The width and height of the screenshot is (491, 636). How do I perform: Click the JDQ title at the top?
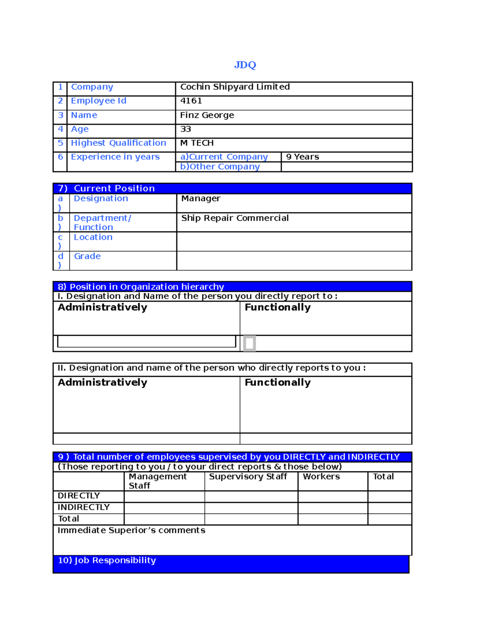tap(245, 65)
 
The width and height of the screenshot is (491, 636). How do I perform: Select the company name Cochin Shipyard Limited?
tap(235, 87)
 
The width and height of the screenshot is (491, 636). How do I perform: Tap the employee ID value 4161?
tap(191, 101)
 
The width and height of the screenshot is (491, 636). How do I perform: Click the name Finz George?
tap(207, 115)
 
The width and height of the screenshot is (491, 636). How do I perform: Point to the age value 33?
tap(186, 129)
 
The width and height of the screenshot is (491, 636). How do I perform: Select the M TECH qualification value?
tap(197, 143)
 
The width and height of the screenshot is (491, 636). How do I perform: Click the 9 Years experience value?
tap(302, 157)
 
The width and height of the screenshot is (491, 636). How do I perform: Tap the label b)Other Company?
tap(220, 167)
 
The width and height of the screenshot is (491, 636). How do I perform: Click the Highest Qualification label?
tap(118, 143)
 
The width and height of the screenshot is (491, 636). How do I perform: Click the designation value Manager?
tap(200, 199)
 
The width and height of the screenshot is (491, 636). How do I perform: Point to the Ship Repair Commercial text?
tap(235, 218)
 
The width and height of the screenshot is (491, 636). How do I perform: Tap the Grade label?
tap(87, 256)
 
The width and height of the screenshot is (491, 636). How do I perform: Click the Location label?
tap(93, 237)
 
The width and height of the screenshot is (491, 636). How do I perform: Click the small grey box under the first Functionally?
tap(249, 343)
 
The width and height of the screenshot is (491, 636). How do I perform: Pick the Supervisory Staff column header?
tap(248, 477)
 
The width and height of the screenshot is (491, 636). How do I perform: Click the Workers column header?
tap(321, 477)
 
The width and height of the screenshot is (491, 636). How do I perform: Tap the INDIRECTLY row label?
tap(83, 507)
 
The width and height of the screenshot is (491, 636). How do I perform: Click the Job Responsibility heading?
tap(107, 560)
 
